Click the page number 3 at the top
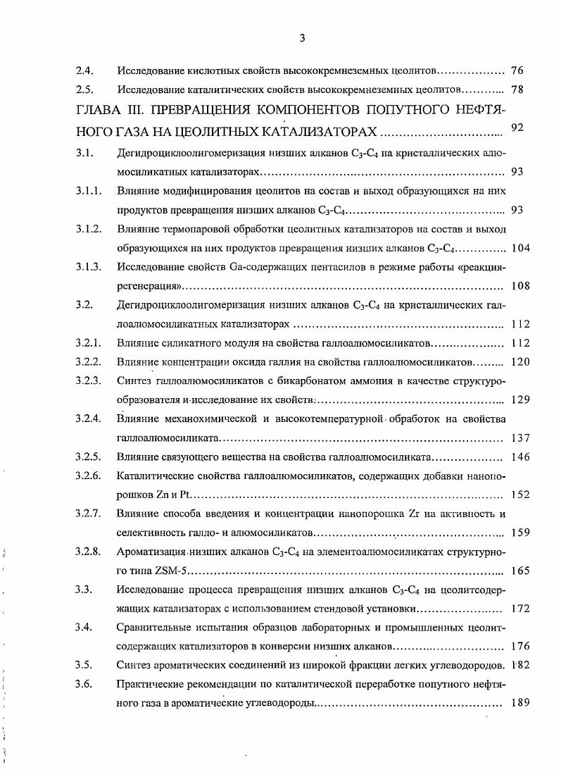(x=302, y=39)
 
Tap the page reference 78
(x=517, y=90)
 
